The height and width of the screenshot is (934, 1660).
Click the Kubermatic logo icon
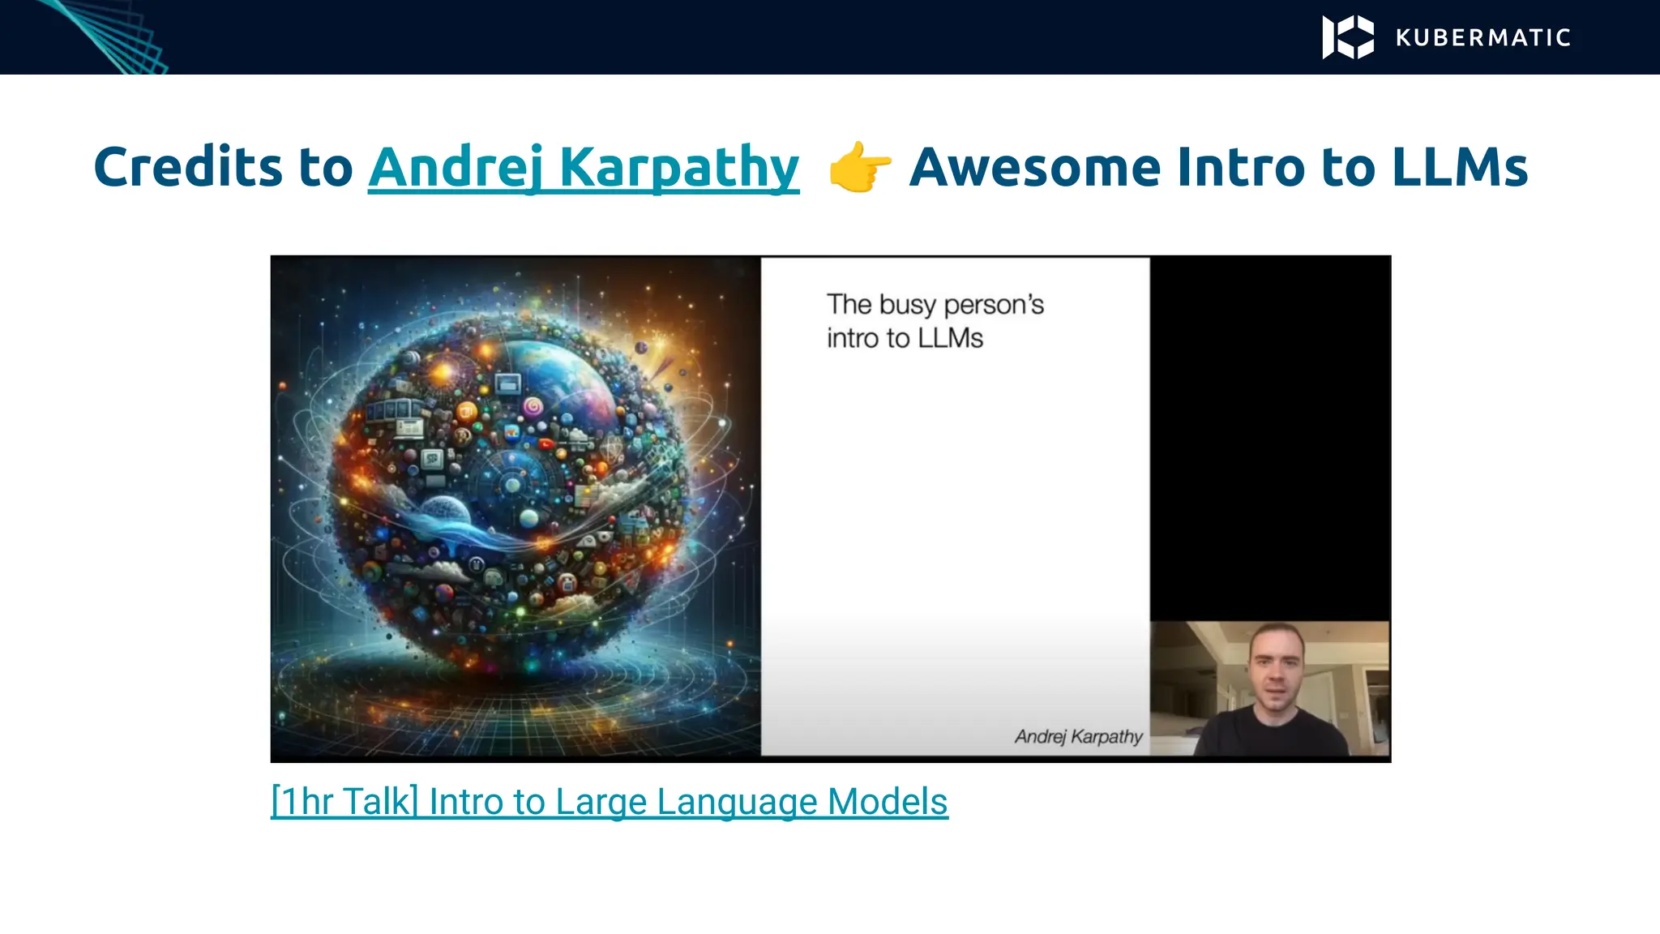coord(1348,37)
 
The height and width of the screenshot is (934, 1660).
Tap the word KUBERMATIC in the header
coord(1483,38)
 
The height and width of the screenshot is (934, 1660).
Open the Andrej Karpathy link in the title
coord(584,167)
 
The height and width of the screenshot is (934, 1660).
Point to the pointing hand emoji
coord(859,167)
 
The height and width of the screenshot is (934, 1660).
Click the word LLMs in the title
coord(1459,167)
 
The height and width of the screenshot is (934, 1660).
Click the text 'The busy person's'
coord(935,305)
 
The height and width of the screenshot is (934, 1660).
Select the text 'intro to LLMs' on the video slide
coord(905,338)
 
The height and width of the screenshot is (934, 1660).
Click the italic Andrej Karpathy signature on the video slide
coord(1078,736)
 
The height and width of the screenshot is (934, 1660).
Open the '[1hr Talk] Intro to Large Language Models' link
coord(609,802)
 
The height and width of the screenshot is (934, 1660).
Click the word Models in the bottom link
coord(888,802)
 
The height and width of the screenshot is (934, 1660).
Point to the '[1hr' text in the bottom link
coord(302,802)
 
